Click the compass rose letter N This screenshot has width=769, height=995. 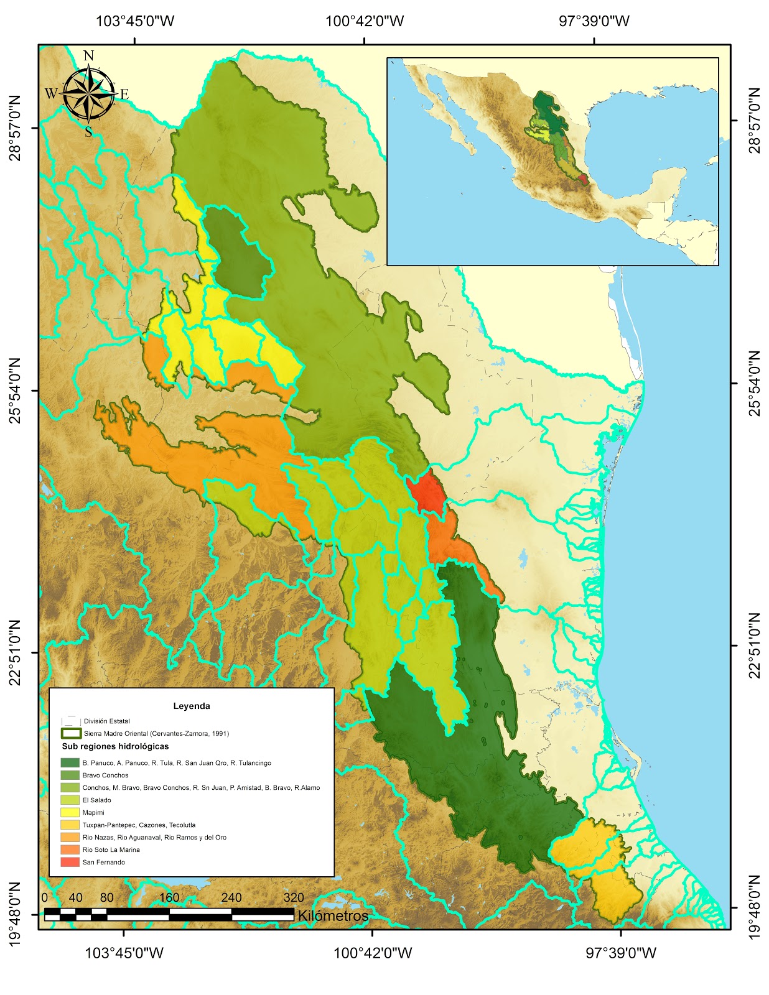pyautogui.click(x=88, y=56)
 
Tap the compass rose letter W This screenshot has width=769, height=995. pyautogui.click(x=50, y=94)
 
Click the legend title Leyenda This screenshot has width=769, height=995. pyautogui.click(x=192, y=706)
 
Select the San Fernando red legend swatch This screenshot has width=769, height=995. pyautogui.click(x=70, y=862)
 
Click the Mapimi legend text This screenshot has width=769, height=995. pyautogui.click(x=93, y=812)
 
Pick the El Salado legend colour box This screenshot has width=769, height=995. pyautogui.click(x=70, y=800)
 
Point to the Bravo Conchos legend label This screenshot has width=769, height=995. pyautogui.click(x=105, y=775)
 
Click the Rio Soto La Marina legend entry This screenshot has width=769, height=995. pyautogui.click(x=111, y=849)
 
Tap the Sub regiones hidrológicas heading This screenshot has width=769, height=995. pyautogui.click(x=115, y=746)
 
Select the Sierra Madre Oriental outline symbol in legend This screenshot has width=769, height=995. pyautogui.click(x=72, y=733)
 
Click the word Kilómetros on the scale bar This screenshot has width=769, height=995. pyautogui.click(x=333, y=915)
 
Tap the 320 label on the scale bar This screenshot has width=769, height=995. pyautogui.click(x=294, y=897)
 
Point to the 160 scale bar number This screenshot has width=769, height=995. pyautogui.click(x=169, y=897)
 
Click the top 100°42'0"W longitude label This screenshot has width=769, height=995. pyautogui.click(x=365, y=21)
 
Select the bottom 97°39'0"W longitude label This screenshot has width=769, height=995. pyautogui.click(x=620, y=953)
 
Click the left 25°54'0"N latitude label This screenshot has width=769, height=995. pyautogui.click(x=14, y=390)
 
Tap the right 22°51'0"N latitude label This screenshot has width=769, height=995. pyautogui.click(x=754, y=646)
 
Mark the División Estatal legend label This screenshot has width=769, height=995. pyautogui.click(x=106, y=721)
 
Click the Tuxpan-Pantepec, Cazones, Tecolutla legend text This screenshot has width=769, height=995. pyautogui.click(x=139, y=825)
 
